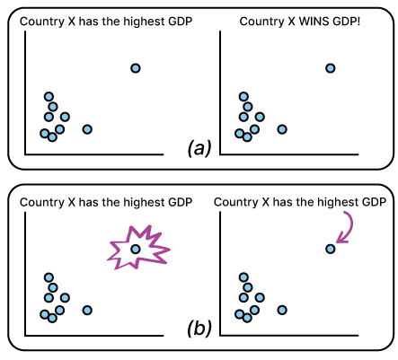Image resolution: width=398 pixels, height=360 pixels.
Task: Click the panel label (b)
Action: click(x=199, y=327)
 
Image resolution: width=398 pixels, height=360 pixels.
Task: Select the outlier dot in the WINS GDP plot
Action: click(x=330, y=68)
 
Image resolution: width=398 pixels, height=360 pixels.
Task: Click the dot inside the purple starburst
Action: click(x=135, y=249)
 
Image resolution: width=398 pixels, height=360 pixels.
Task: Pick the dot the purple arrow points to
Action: click(x=330, y=249)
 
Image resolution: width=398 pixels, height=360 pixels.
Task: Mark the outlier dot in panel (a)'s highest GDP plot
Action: click(x=135, y=68)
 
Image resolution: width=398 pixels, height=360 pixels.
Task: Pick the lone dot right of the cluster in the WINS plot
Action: click(x=282, y=129)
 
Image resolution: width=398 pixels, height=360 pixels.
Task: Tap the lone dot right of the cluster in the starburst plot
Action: click(x=87, y=310)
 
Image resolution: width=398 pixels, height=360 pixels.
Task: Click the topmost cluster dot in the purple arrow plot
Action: click(x=243, y=277)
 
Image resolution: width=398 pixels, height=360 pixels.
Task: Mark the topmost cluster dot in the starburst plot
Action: click(x=49, y=277)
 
